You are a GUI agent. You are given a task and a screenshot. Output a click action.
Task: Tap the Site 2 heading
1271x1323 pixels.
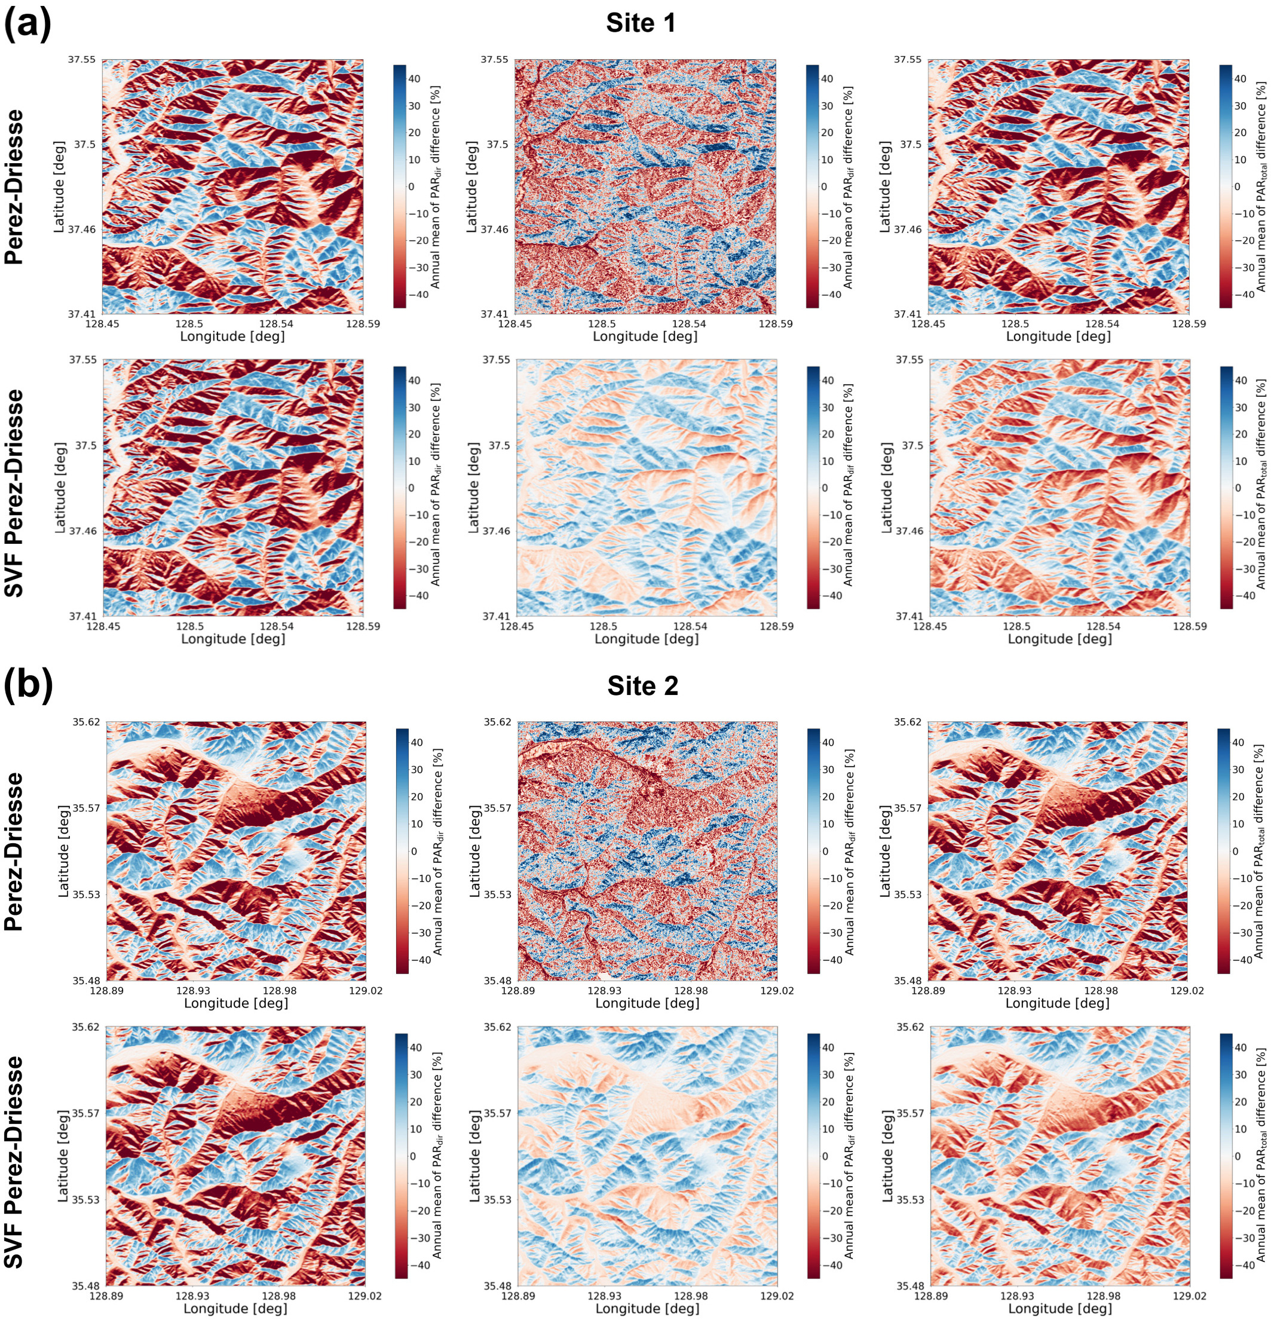click(x=642, y=686)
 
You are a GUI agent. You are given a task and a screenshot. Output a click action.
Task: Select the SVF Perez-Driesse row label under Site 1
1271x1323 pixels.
click(x=14, y=493)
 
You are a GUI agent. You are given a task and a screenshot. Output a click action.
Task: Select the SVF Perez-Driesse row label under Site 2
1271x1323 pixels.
click(x=14, y=1161)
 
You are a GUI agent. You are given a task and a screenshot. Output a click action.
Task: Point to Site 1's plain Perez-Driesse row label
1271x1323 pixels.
click(x=14, y=186)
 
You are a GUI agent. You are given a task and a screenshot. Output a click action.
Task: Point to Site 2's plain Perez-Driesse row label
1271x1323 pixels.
click(x=14, y=852)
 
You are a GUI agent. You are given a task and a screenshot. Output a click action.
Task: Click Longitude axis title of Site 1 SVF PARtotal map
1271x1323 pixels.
click(x=1059, y=639)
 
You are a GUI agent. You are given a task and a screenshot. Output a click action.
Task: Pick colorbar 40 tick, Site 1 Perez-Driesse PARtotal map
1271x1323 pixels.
click(x=1240, y=79)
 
